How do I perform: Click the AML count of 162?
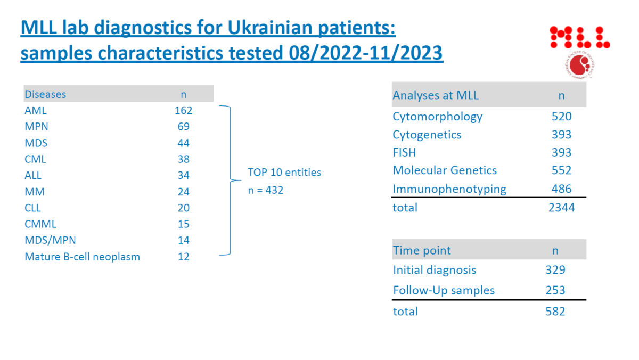tap(183, 110)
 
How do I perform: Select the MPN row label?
tap(36, 126)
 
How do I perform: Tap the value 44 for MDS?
tap(183, 143)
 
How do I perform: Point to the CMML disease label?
tap(40, 224)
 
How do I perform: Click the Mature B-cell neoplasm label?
tap(82, 257)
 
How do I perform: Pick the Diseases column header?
tap(45, 94)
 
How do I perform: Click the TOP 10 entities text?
tap(284, 173)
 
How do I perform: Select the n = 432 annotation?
tap(266, 190)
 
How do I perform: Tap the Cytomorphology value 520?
tap(561, 117)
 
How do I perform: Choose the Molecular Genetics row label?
tap(445, 170)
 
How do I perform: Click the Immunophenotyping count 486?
tap(561, 189)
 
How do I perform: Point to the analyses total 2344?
tap(561, 208)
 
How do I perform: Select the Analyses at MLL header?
tap(436, 95)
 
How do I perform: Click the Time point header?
tap(422, 250)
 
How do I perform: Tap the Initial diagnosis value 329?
tap(555, 270)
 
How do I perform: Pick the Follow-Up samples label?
tap(444, 290)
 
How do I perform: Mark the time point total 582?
tap(555, 312)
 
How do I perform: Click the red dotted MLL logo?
tap(580, 37)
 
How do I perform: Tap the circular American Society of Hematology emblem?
tap(580, 66)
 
